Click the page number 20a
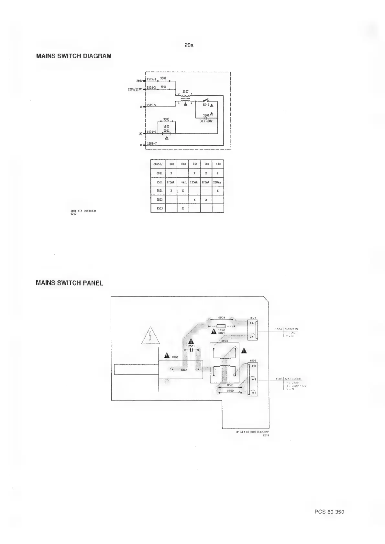tap(189, 45)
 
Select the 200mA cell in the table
tap(218, 182)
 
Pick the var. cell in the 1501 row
tap(183, 182)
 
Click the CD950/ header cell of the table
tap(158, 164)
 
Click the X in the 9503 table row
tap(183, 208)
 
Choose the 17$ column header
tap(218, 164)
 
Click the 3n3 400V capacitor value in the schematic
tap(206, 121)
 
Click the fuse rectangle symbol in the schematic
tap(166, 133)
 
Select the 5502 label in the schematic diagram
tap(185, 91)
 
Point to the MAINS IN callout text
tap(291, 329)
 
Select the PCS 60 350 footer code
tap(329, 512)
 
